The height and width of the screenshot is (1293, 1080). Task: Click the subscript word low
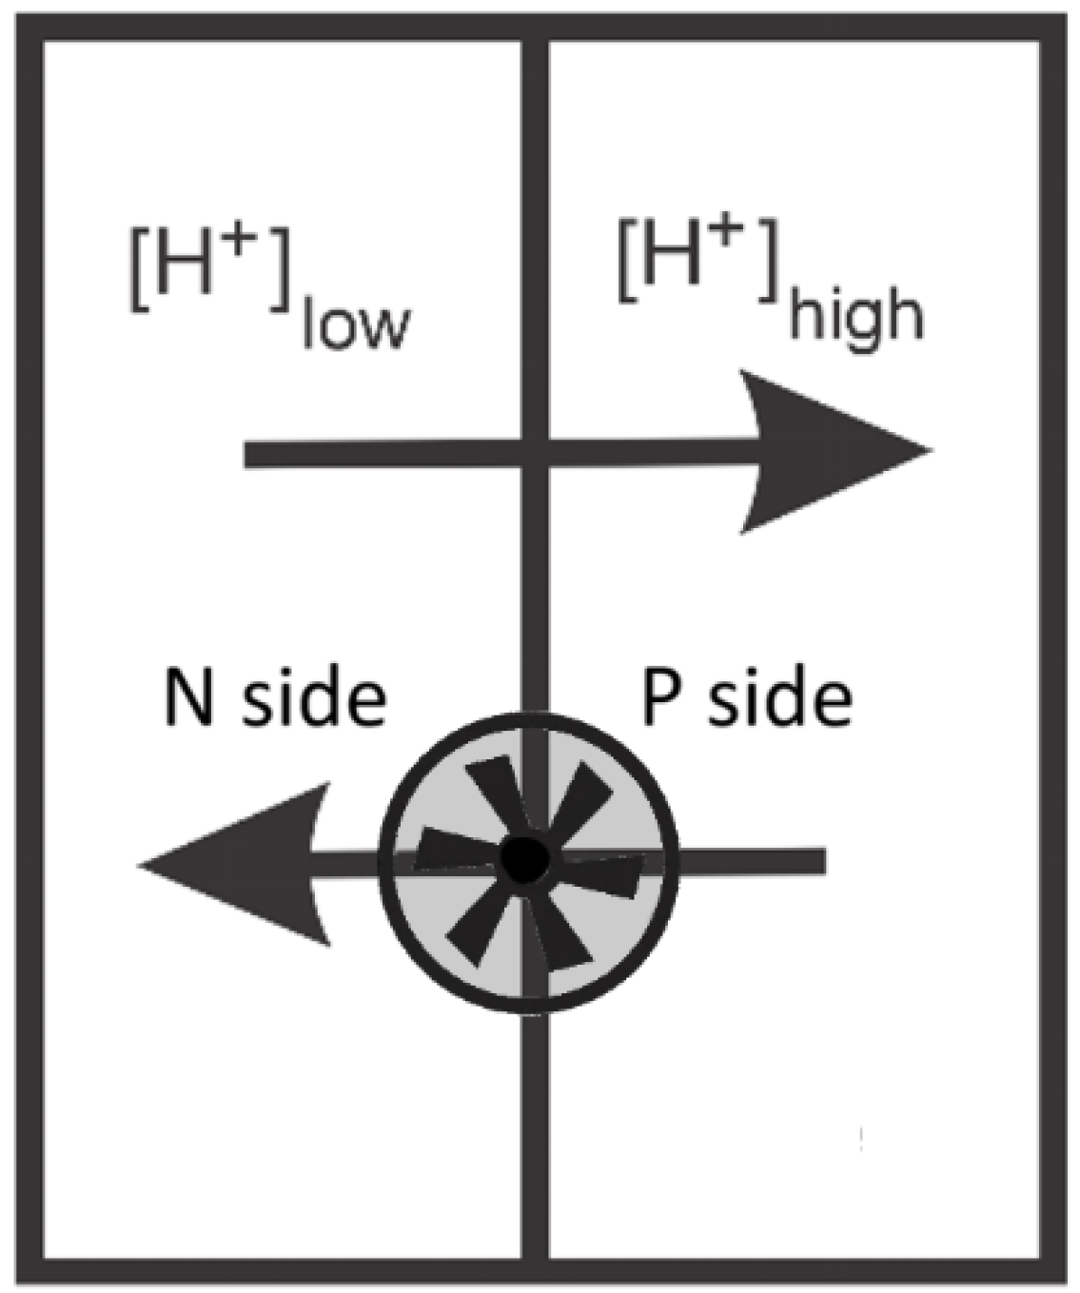354,325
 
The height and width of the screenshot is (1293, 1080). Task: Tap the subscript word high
854,317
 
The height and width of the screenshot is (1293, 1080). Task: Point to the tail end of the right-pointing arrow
252,454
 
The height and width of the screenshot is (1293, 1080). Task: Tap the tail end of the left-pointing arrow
818,861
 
